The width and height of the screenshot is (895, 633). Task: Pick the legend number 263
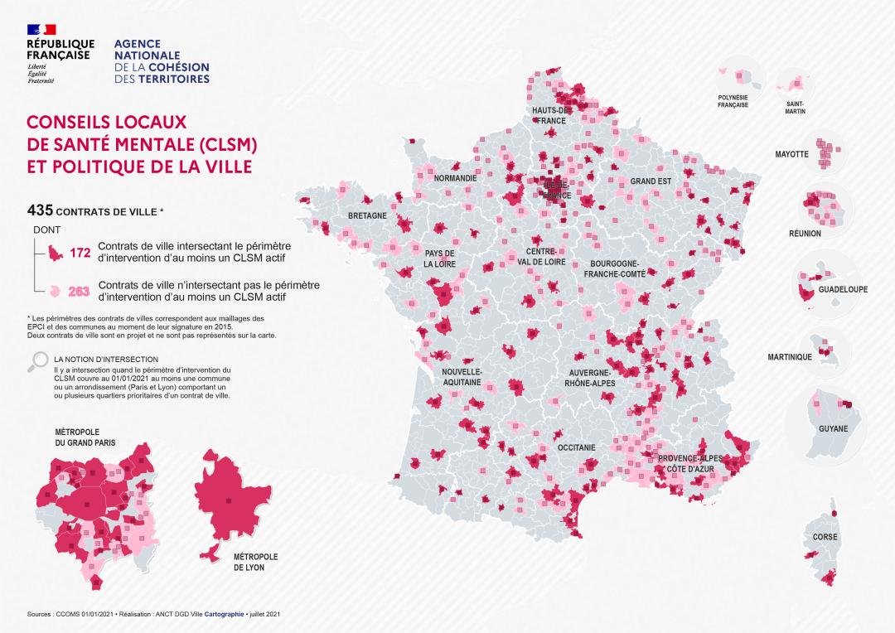click(79, 291)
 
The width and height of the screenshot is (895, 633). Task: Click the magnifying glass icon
click(38, 361)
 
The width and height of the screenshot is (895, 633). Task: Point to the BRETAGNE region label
click(367, 216)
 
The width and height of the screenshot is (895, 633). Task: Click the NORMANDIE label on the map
click(456, 178)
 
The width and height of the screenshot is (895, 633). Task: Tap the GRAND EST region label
click(651, 181)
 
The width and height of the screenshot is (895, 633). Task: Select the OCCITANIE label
click(577, 447)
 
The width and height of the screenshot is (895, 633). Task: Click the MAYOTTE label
click(791, 154)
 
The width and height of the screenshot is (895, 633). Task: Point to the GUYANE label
click(833, 429)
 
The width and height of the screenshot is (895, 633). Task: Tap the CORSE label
click(825, 537)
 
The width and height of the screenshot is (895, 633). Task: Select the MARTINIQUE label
click(789, 357)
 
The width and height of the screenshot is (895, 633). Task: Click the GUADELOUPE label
click(843, 289)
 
